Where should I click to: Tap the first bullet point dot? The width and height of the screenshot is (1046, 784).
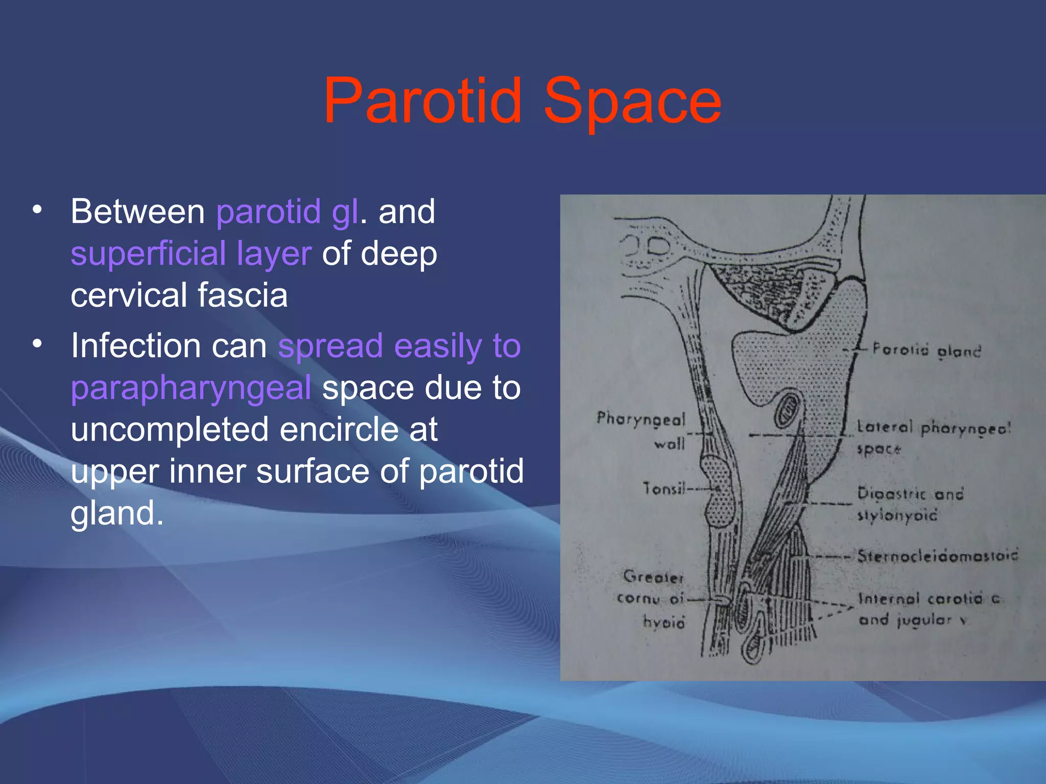(x=37, y=210)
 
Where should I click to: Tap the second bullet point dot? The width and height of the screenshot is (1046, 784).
(x=37, y=344)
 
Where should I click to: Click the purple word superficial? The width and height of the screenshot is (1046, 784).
(x=148, y=254)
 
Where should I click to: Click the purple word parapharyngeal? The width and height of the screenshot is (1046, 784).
(x=191, y=388)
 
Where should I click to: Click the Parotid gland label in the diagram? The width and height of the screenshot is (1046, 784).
(x=926, y=350)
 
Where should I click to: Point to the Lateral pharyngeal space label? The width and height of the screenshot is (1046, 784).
(x=933, y=437)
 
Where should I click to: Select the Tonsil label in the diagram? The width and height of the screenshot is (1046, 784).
(x=663, y=489)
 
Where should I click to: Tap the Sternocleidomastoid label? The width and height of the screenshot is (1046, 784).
(x=938, y=555)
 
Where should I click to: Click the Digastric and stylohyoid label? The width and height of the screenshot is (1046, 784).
(x=910, y=504)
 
